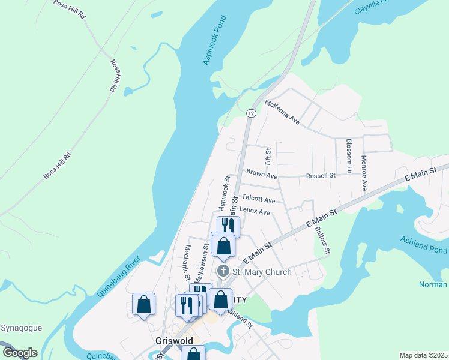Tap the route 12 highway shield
point(250,113)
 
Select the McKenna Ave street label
point(282,112)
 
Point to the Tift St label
point(268,158)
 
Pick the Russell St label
point(320,176)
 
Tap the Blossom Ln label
point(348,156)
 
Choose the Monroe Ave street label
point(364,173)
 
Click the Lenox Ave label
point(255,211)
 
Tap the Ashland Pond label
point(424,244)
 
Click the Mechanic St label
point(187,263)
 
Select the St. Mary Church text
point(262,272)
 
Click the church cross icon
point(223,271)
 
